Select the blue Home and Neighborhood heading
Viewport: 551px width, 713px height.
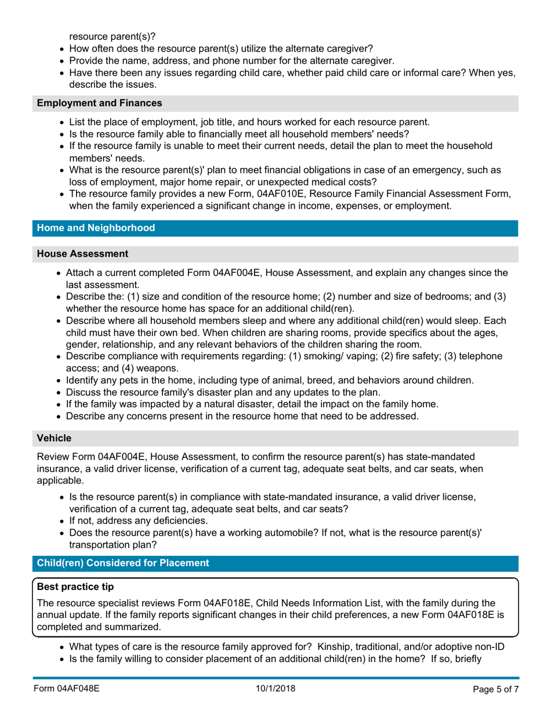(96, 228)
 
